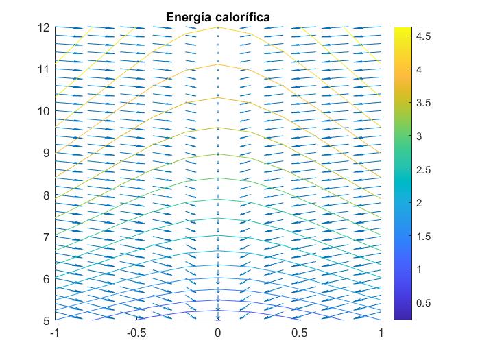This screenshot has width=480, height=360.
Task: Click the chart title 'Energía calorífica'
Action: [218, 16]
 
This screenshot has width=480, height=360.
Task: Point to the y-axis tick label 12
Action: [45, 27]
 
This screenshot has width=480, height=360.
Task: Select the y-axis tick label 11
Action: [45, 69]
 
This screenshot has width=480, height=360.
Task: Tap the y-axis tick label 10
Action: [45, 111]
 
